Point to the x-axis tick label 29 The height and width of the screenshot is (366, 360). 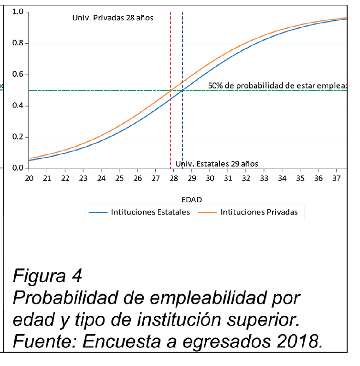tap(191, 179)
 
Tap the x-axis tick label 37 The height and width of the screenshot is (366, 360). tap(336, 179)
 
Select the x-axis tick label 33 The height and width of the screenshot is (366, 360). tap(264, 179)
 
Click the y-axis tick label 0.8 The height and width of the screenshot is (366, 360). tap(18, 43)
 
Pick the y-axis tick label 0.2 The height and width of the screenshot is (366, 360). tap(18, 137)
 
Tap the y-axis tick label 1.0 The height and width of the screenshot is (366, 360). tap(18, 12)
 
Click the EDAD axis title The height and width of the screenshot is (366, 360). tap(191, 198)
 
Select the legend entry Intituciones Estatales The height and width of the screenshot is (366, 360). tap(150, 213)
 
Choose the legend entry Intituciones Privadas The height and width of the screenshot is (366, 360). tap(259, 213)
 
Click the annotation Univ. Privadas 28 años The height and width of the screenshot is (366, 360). tap(112, 19)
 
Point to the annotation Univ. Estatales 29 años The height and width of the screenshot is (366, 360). tap(217, 164)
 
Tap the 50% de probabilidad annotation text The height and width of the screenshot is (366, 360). tap(282, 86)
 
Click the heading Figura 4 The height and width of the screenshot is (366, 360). tap(47, 276)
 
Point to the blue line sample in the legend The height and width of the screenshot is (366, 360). tap(97, 213)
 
